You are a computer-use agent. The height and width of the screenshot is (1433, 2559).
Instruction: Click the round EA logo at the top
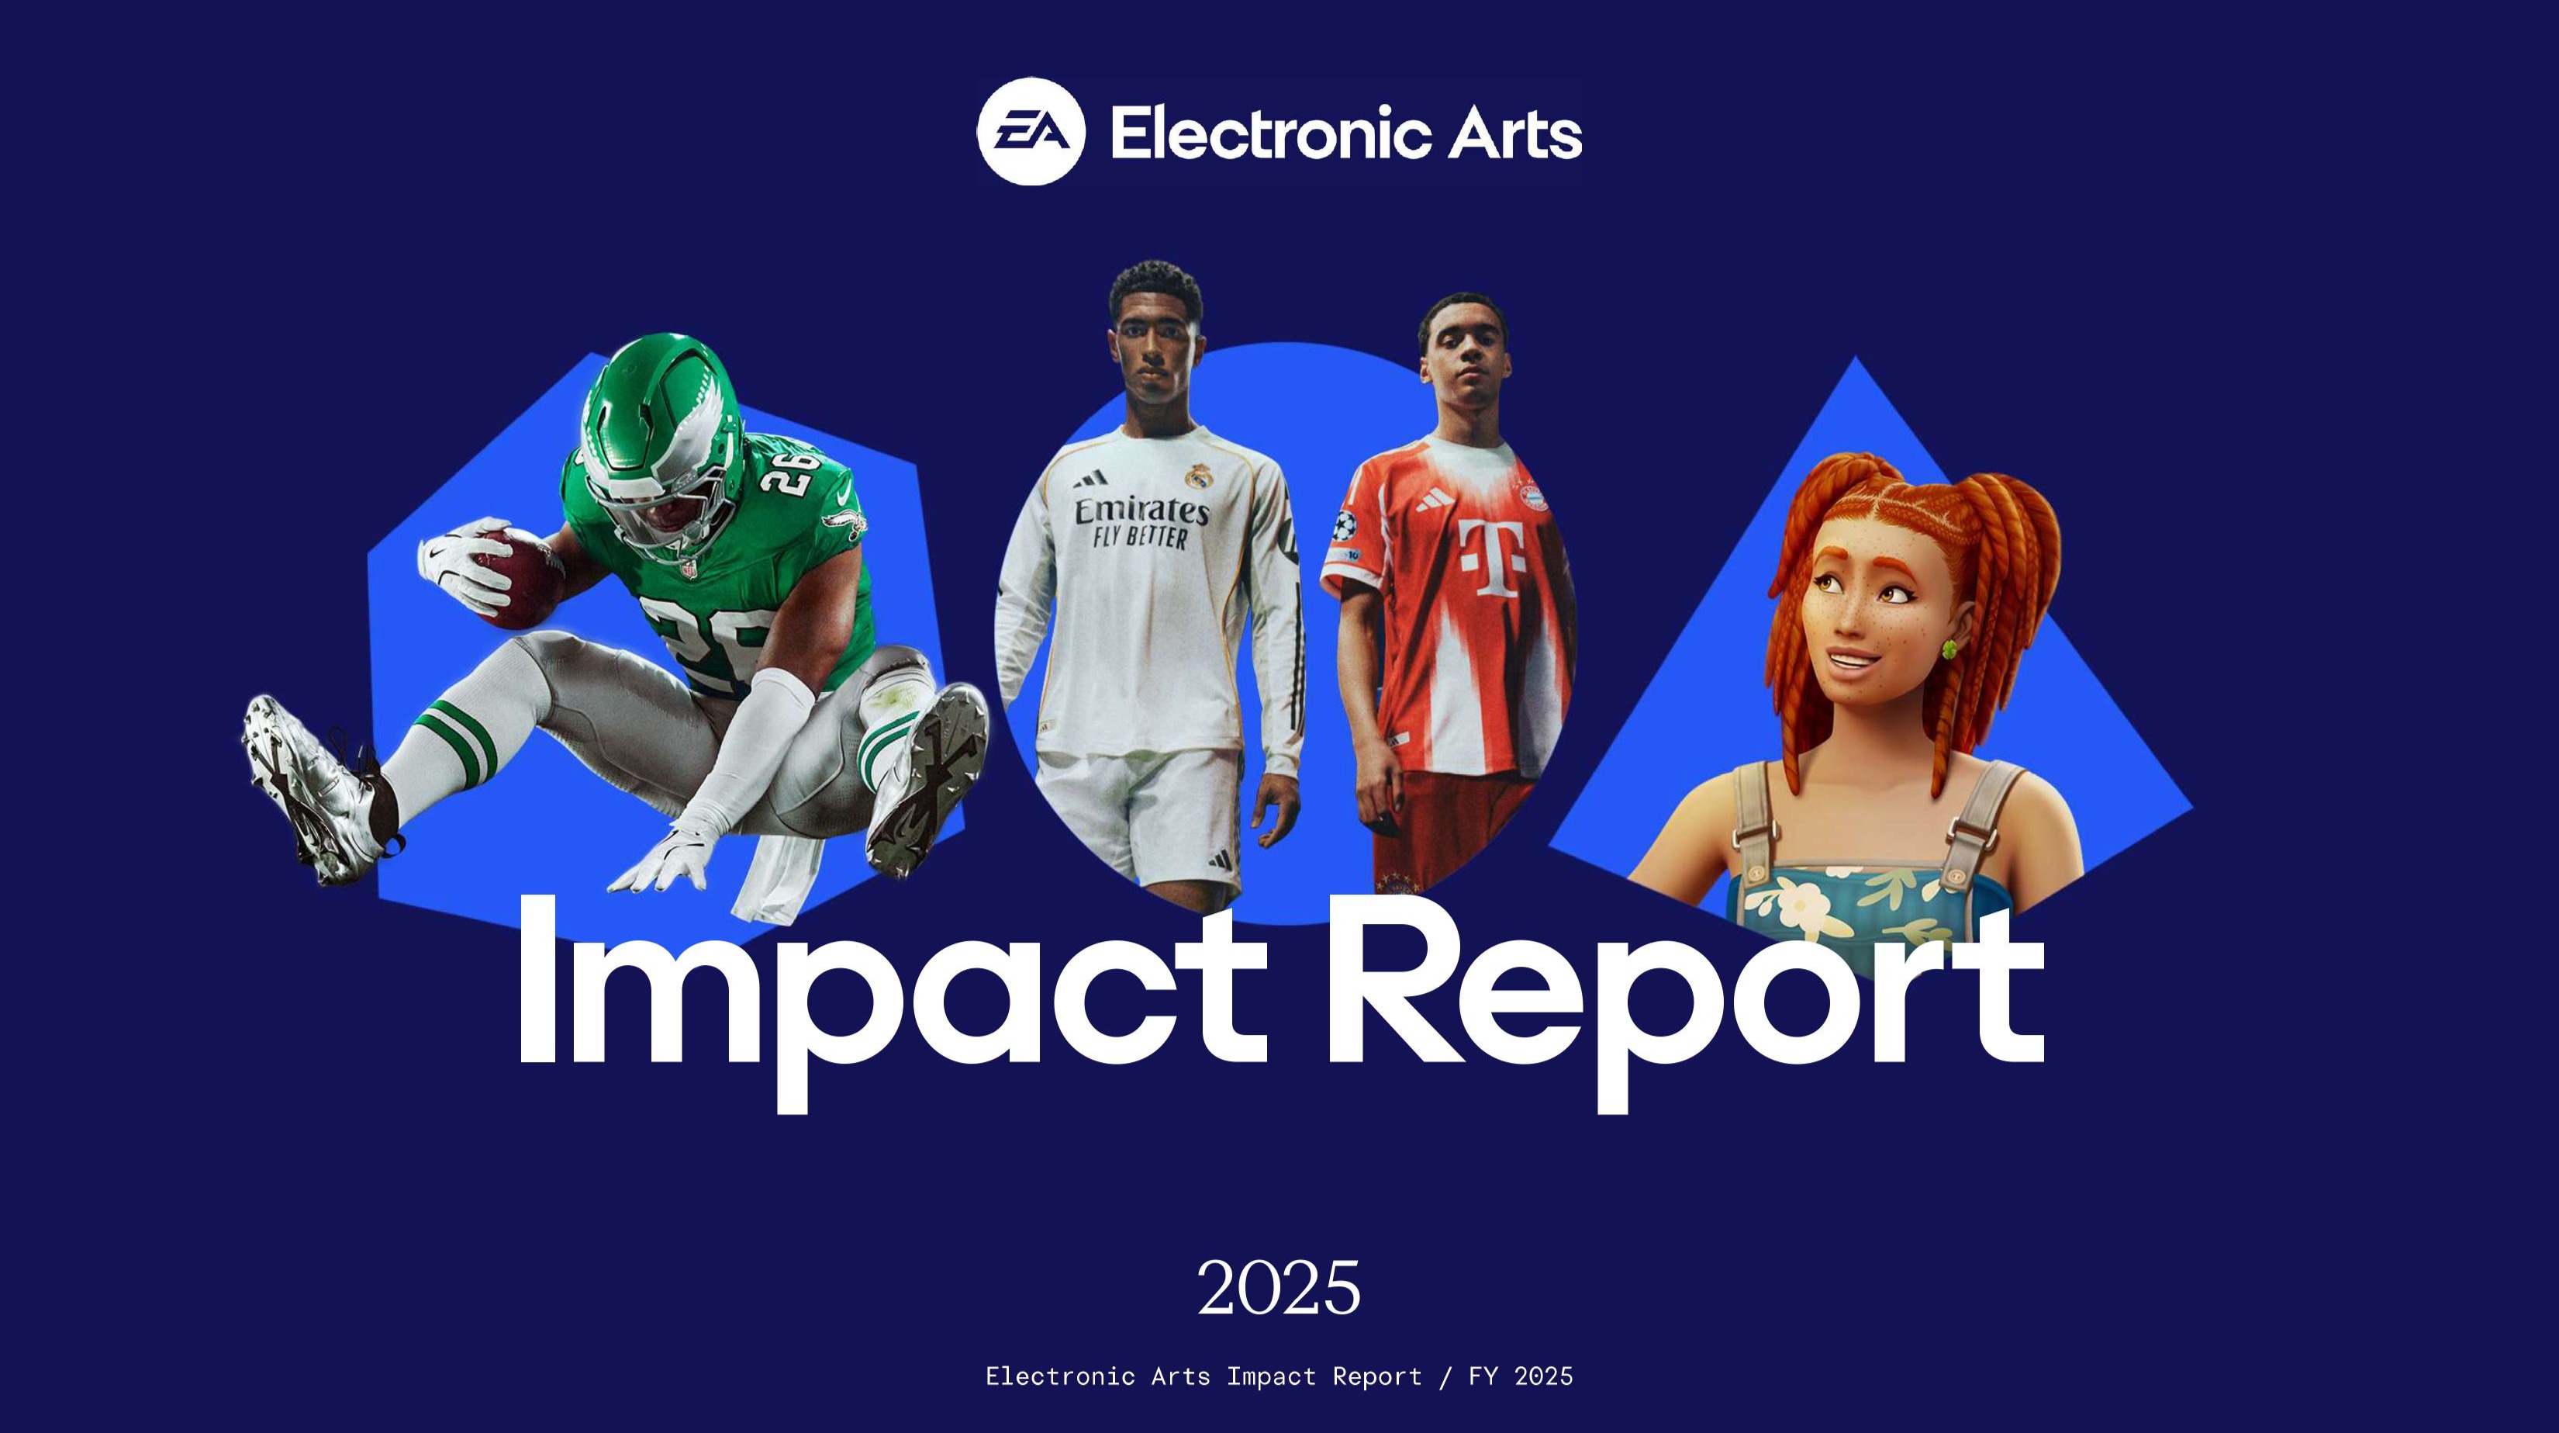click(x=1030, y=131)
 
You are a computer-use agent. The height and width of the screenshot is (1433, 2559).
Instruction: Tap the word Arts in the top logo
click(x=1514, y=134)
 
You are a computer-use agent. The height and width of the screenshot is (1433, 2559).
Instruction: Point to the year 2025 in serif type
click(x=1279, y=1288)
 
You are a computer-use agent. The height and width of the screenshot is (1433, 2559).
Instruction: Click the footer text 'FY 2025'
click(x=1521, y=1376)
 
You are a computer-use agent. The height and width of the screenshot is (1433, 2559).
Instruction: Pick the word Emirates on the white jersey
click(x=1141, y=510)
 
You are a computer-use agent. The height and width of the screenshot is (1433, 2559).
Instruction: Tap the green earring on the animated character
click(x=1948, y=649)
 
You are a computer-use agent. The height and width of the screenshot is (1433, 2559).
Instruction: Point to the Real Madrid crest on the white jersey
click(x=1196, y=476)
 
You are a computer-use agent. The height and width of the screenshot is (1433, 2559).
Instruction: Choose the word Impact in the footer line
click(x=1270, y=1377)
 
